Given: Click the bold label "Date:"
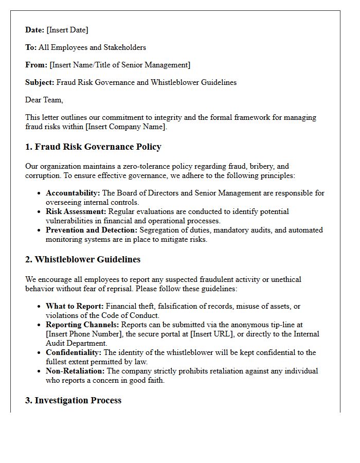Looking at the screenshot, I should coord(34,30).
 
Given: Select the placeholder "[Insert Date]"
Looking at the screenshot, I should coord(67,30).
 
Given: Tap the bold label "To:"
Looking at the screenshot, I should coord(31,47).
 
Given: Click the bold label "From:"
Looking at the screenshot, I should coord(36,65).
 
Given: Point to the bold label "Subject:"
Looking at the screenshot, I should coord(40,82).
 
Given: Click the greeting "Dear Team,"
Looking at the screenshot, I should coord(44,100).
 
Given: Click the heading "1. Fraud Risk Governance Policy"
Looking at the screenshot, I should coord(93,147).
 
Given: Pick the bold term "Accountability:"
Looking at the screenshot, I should coord(73,193).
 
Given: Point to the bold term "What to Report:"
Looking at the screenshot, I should coord(75,306).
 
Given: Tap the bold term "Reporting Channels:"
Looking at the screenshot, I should coord(82,325).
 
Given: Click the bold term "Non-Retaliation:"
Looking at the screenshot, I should coord(75,371).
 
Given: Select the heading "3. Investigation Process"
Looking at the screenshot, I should coord(74,400).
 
